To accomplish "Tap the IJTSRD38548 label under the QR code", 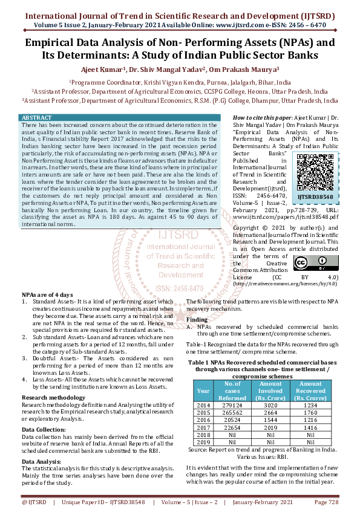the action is click(315, 197).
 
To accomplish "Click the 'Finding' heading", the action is click(197, 319).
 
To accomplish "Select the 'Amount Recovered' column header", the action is click(310, 391).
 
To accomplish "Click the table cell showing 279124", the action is click(232, 405).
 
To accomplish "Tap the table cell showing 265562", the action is click(232, 413).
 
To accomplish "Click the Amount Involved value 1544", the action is click(270, 420).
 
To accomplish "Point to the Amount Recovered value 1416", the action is click(310, 427).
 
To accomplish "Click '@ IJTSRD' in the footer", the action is click(34, 502).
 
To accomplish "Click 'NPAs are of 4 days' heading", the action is click(47, 293).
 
